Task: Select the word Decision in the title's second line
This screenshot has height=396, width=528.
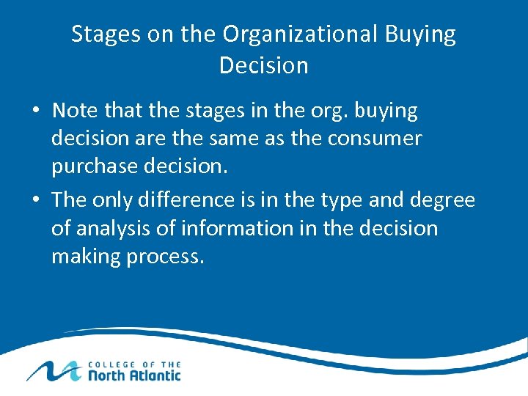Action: pyautogui.click(x=264, y=65)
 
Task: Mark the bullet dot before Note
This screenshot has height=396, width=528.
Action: pyautogui.click(x=36, y=112)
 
